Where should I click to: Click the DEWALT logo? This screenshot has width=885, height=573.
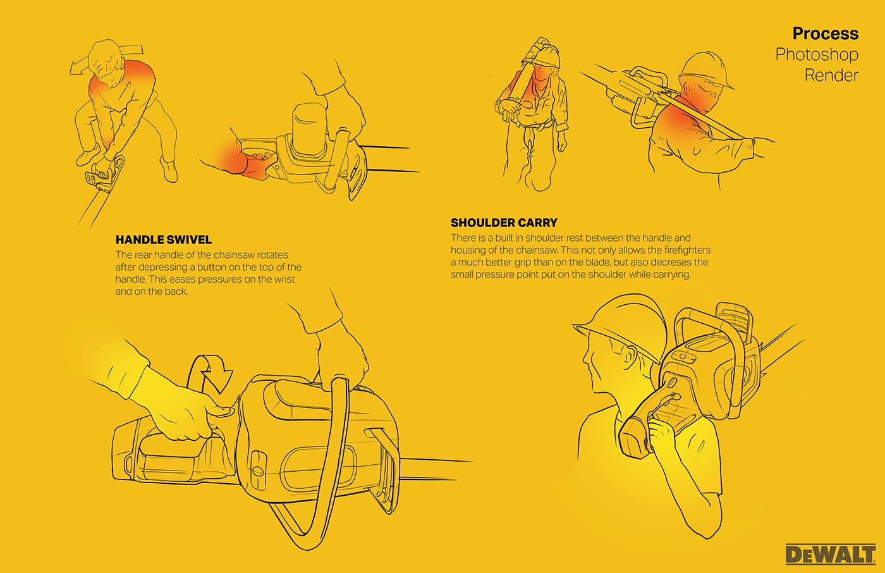[x=831, y=554]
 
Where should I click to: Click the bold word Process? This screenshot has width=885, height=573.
[x=826, y=34]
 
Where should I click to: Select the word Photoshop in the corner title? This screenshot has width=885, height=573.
[x=817, y=54]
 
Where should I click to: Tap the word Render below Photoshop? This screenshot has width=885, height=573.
[x=832, y=75]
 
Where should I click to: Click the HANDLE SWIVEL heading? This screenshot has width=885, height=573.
[x=164, y=240]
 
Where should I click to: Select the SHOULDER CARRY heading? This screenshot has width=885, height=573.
[x=504, y=223]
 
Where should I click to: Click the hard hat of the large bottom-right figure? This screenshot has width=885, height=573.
[x=620, y=324]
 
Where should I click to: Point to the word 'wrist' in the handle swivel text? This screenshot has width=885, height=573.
[x=283, y=280]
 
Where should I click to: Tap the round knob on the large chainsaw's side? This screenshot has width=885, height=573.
[x=258, y=471]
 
